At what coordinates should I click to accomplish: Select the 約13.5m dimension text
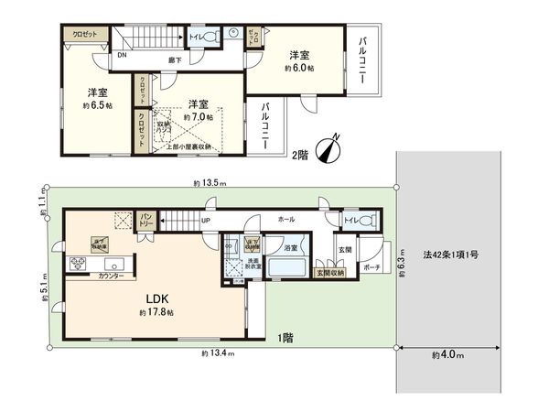[x=210, y=183]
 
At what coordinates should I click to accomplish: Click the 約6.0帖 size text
[x=298, y=69]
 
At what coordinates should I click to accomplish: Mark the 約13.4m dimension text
[x=215, y=353]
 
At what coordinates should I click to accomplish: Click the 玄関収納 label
[x=330, y=273]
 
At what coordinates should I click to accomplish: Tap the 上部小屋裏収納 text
[x=188, y=146]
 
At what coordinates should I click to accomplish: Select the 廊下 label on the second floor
[x=175, y=60]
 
